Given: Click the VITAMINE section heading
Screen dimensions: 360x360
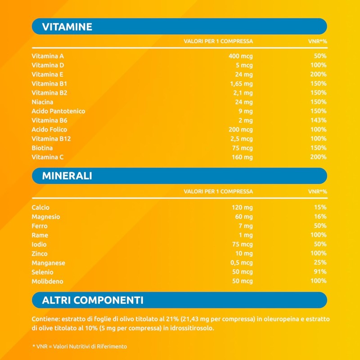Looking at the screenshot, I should click(x=67, y=27).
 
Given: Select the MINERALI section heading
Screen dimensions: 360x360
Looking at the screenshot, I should click(x=67, y=176).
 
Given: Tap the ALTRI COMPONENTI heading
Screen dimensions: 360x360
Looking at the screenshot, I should click(x=93, y=300).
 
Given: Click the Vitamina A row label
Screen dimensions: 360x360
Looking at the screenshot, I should click(x=48, y=56).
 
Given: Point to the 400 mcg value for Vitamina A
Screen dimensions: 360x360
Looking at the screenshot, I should click(x=241, y=56).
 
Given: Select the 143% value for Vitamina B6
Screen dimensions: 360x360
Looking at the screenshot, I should click(x=318, y=120).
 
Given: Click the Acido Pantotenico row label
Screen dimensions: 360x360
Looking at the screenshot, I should click(x=58, y=111).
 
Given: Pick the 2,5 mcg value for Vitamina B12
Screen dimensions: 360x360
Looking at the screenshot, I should click(x=241, y=139).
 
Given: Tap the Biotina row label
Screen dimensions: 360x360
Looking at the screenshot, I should click(x=42, y=148).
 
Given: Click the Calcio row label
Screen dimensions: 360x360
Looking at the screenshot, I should click(x=40, y=207).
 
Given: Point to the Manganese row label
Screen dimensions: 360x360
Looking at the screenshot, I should click(x=49, y=263).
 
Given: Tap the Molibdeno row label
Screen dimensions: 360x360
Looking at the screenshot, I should click(x=48, y=281).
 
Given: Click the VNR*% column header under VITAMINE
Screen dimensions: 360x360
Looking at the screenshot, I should click(x=317, y=41).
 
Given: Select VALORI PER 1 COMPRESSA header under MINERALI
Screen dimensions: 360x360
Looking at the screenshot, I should click(x=218, y=192).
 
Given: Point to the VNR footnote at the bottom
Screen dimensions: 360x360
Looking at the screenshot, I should click(x=79, y=346).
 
